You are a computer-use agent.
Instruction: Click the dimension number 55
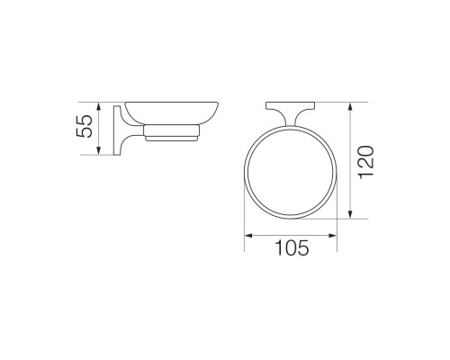[84, 126]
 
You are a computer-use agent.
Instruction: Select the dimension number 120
[366, 162]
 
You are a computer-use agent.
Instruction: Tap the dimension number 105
[292, 247]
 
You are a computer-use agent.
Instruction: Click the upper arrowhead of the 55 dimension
[99, 106]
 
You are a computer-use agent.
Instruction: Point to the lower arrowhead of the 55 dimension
[99, 151]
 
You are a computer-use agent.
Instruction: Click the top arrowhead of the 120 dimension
[350, 106]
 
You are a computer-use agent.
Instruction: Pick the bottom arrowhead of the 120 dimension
[350, 214]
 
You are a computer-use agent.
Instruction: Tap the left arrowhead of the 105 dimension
[248, 236]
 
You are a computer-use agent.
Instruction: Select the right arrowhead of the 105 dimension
[333, 236]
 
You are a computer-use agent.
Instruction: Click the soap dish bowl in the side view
[172, 113]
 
